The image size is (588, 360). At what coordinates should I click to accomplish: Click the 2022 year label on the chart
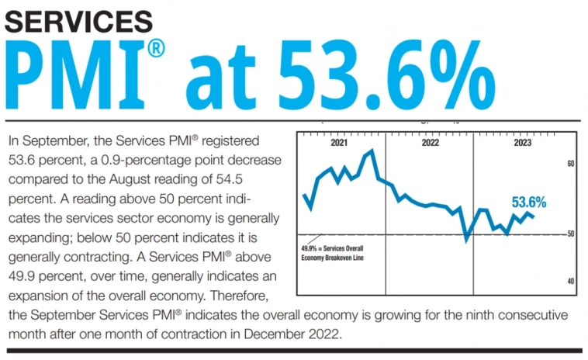[430, 143]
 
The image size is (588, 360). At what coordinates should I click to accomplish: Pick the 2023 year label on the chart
[523, 143]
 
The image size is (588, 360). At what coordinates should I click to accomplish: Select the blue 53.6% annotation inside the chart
[529, 202]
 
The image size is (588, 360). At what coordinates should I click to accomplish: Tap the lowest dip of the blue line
[465, 239]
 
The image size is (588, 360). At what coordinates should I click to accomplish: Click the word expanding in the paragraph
[38, 237]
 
